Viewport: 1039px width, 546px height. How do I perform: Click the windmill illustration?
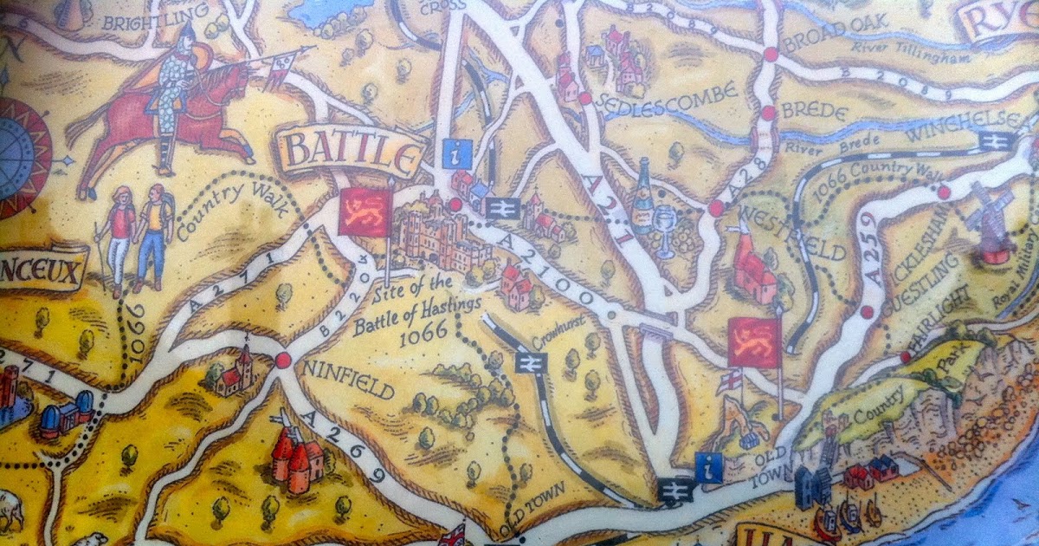[x=989, y=221]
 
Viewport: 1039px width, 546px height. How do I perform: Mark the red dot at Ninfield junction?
[x=282, y=361]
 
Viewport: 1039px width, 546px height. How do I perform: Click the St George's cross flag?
[x=731, y=380]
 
